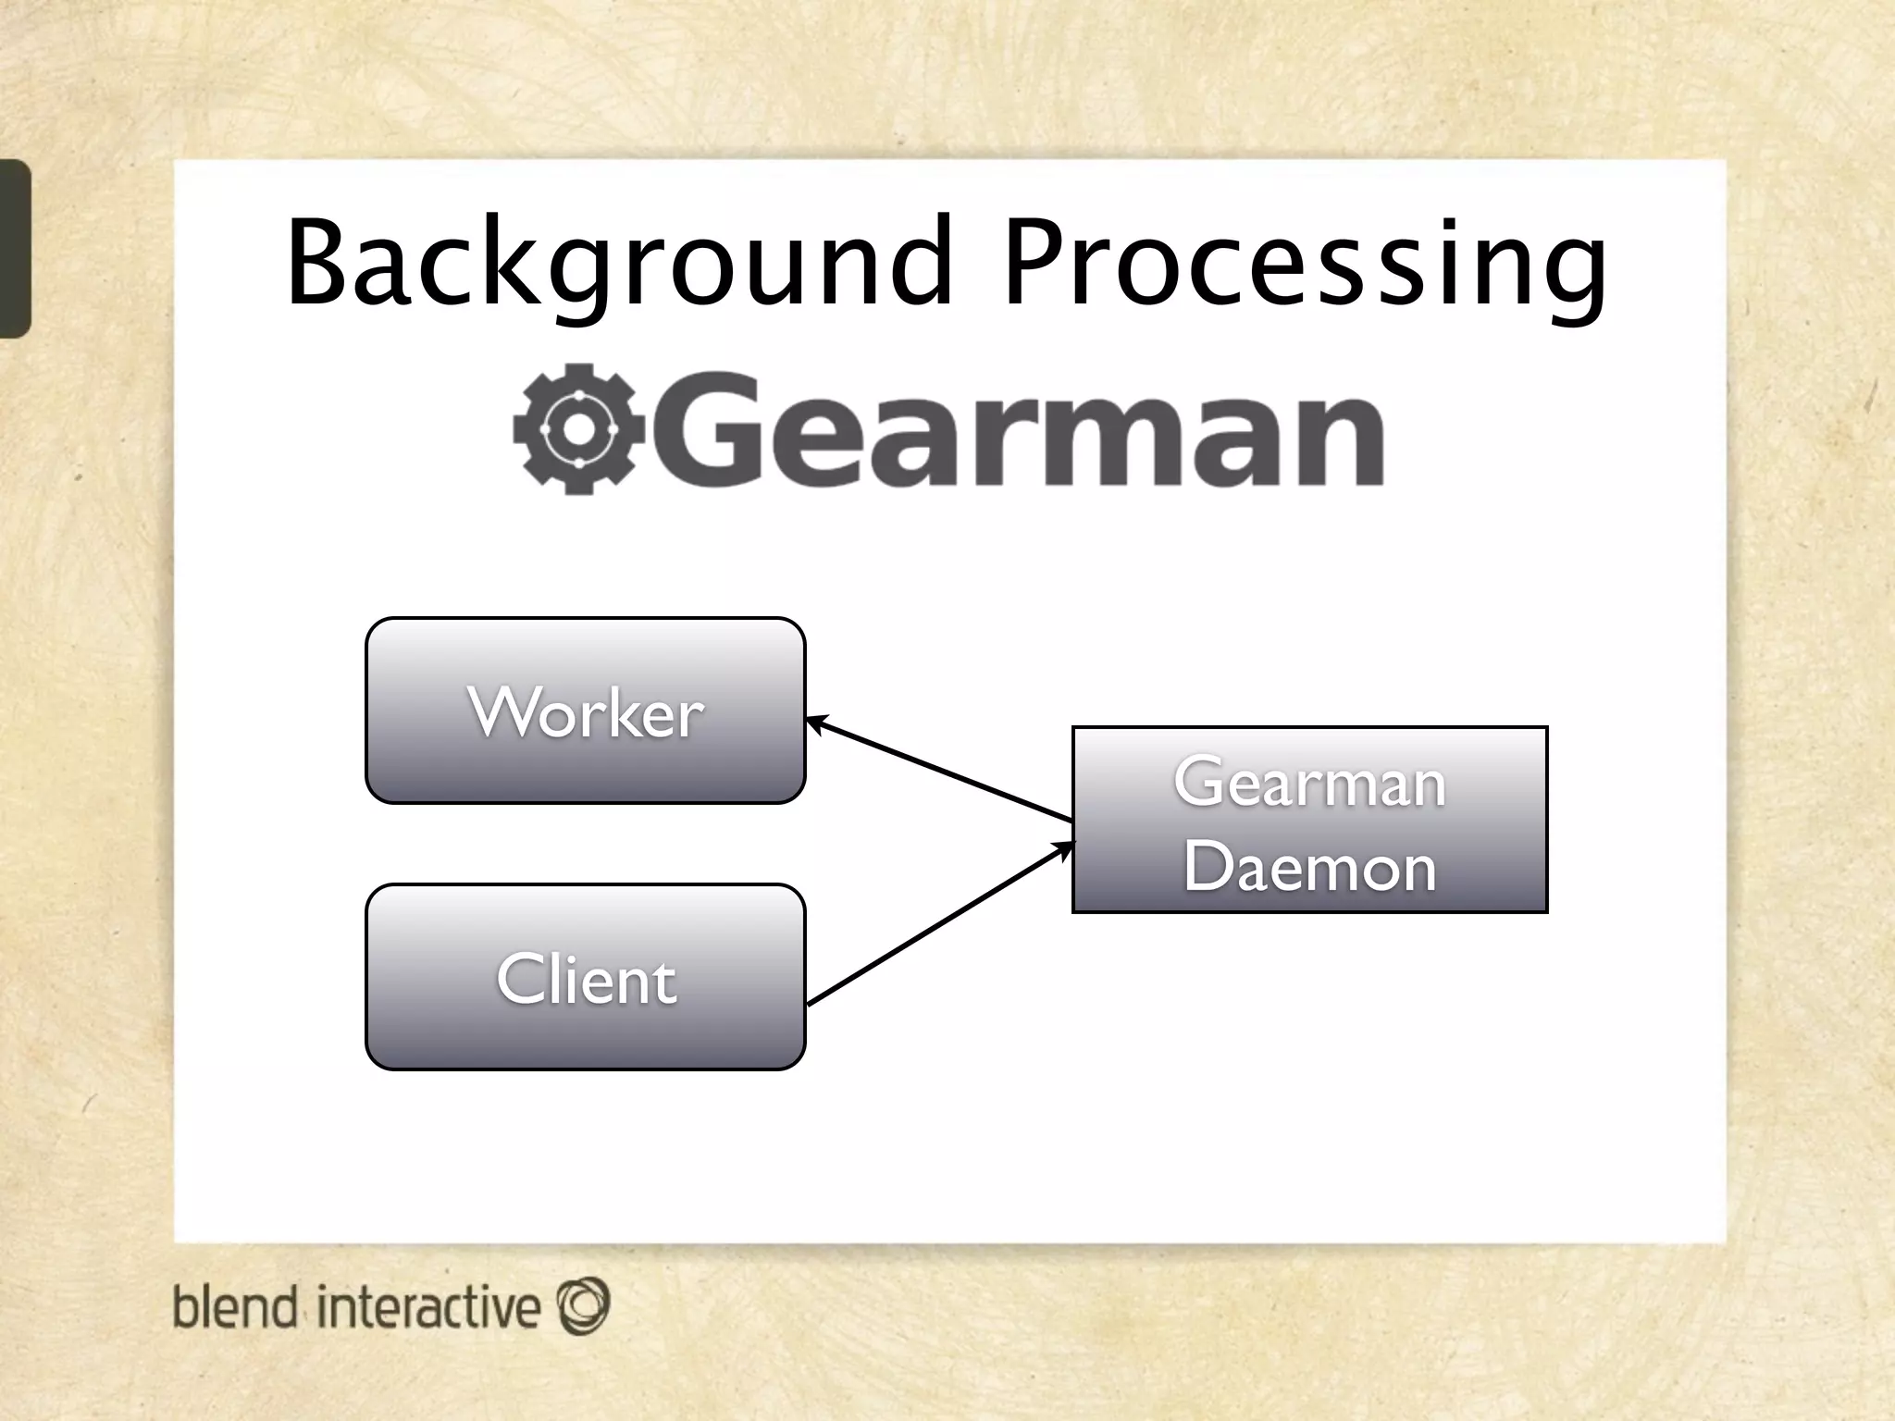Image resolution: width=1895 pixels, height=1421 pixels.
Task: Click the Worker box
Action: point(586,710)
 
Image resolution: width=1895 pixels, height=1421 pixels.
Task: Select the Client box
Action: point(586,978)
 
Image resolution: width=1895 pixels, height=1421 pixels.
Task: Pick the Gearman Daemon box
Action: point(1309,820)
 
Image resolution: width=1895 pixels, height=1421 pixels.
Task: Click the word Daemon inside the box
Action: point(1309,867)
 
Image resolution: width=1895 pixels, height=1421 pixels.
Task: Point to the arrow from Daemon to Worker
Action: point(939,770)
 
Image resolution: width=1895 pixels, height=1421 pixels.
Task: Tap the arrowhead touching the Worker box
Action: point(814,723)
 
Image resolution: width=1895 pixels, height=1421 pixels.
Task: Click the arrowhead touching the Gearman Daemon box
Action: point(1066,847)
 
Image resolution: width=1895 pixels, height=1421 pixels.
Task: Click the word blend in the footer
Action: point(235,1307)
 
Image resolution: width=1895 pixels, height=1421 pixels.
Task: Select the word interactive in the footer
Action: point(427,1307)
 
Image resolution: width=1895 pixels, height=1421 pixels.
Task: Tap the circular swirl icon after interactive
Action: point(584,1305)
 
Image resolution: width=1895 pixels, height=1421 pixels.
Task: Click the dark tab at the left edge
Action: point(15,248)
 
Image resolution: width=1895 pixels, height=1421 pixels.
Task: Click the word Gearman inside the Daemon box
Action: point(1309,783)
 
